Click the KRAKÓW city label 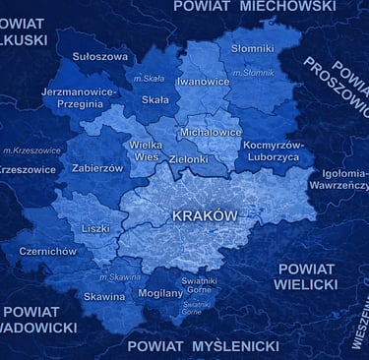(205, 215)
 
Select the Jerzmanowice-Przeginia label (79, 96)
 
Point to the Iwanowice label (203, 82)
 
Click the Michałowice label (211, 131)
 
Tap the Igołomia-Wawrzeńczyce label (338, 178)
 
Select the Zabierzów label (97, 168)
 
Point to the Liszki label (95, 228)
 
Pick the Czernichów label (47, 251)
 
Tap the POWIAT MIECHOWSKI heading (254, 6)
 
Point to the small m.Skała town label (150, 79)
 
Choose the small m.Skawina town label (120, 277)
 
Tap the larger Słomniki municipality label (252, 47)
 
